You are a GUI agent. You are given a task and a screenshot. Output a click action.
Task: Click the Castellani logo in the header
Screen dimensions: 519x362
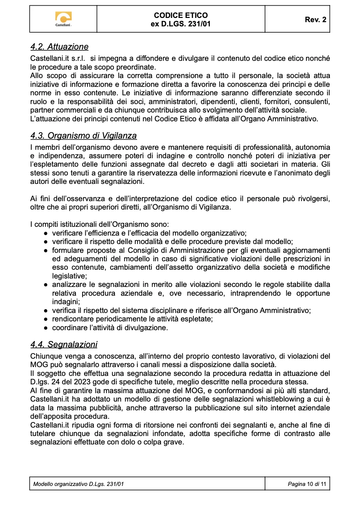coord(64,19)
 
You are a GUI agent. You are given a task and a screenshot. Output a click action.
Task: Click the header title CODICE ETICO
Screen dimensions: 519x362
coord(181,15)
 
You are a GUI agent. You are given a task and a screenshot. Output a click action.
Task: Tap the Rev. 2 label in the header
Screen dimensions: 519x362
coord(315,20)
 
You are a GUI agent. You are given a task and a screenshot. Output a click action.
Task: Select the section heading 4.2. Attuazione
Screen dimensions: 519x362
coord(59,47)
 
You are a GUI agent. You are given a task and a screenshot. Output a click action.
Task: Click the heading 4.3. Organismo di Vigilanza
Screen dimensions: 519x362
coord(83,136)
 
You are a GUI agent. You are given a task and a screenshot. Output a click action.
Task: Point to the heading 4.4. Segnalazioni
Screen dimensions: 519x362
coord(64,345)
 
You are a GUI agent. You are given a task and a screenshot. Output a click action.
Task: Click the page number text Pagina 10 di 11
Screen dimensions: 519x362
coord(306,484)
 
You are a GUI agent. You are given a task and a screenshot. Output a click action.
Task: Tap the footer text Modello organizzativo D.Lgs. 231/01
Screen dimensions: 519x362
coord(78,484)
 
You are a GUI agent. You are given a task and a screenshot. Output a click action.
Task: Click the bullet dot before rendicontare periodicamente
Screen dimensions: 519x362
coord(46,319)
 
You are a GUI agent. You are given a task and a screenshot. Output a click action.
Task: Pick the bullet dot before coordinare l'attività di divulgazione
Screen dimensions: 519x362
coord(46,328)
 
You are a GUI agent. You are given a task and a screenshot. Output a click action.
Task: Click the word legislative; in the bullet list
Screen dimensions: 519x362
coord(69,276)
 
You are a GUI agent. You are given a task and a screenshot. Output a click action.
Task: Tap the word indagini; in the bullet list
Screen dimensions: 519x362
coord(66,302)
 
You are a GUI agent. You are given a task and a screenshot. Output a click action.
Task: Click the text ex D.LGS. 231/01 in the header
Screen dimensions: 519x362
coord(181,24)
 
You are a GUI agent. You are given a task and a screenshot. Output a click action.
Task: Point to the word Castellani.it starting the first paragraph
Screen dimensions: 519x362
coord(50,58)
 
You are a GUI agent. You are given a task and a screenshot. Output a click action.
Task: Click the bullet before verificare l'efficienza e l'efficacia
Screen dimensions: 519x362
coord(46,233)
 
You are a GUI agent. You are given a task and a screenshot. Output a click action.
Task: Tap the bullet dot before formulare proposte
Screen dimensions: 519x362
coord(46,251)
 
